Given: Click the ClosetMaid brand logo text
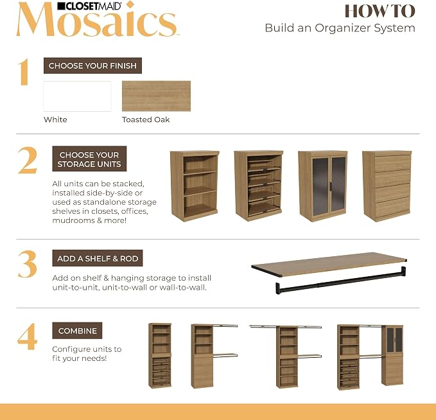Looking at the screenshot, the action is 89,6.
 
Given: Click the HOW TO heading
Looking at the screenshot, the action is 380,11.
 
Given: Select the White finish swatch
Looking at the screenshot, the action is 77,96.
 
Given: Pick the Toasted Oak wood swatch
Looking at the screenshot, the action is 156,96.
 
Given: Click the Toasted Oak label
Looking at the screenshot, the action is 146,119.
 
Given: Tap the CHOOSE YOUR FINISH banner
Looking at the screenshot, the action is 92,66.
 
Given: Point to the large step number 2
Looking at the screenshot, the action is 27,161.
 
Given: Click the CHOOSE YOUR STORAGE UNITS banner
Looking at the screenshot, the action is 89,159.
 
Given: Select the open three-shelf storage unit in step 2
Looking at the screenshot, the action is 195,186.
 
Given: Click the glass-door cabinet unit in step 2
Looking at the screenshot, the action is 323,186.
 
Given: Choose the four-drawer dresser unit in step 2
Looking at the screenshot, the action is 387,186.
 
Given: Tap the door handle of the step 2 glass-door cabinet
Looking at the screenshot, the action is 331,187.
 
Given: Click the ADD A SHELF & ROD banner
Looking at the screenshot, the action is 98,258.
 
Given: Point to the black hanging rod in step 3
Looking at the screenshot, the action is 340,281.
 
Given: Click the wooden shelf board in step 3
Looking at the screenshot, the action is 329,264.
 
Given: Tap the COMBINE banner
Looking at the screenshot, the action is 77,331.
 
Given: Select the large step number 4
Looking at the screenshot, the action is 27,337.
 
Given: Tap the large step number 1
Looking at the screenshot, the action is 24,72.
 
